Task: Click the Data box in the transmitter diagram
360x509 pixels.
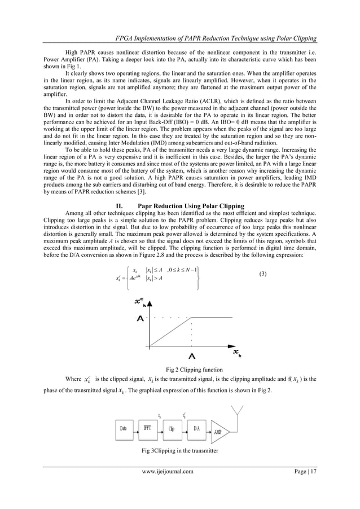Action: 123,428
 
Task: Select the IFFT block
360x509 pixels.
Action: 150,428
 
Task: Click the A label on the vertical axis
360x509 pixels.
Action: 140,318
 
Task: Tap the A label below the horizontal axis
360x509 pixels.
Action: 192,356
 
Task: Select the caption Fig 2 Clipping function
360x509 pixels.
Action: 179,370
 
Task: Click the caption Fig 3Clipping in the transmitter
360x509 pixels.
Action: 179,451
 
